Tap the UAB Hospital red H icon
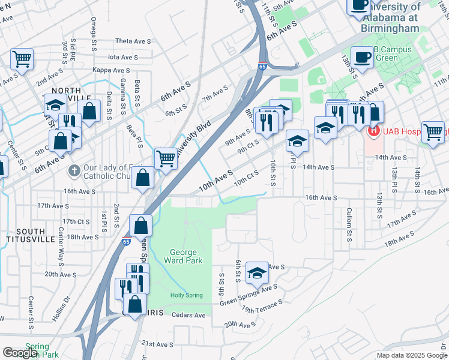373,130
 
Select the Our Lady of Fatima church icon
74,170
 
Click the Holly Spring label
186,295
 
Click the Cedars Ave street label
188,316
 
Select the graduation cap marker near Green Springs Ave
257,273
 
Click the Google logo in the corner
20,353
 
